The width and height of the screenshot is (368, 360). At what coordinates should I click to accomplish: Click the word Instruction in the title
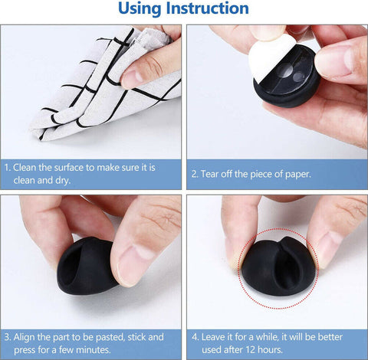(211, 9)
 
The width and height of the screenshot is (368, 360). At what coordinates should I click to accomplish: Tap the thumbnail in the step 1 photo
(136, 75)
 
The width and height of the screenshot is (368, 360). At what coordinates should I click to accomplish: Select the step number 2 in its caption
(193, 174)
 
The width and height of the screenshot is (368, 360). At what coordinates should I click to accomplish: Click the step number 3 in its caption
(7, 335)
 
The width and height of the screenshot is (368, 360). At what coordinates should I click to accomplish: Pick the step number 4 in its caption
(193, 335)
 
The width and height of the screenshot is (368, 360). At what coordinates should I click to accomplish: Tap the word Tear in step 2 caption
(212, 174)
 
